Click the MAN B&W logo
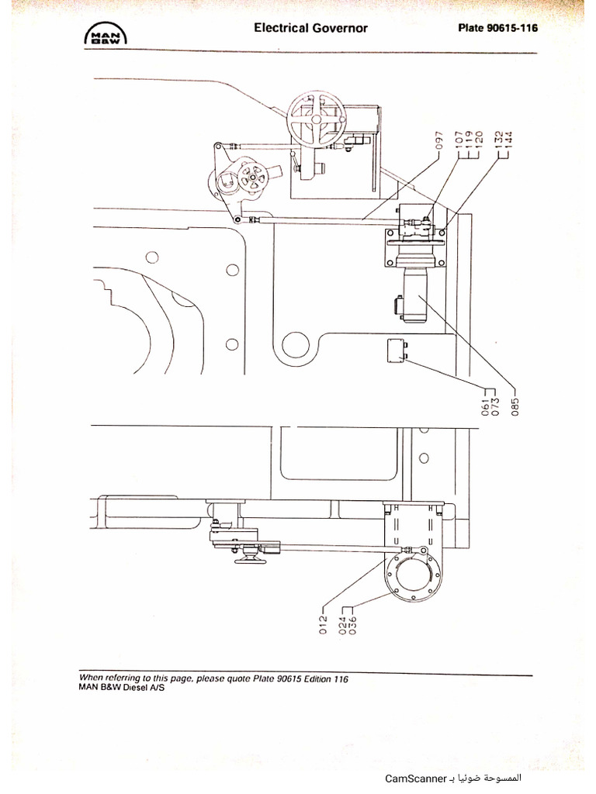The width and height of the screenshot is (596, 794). pos(106,34)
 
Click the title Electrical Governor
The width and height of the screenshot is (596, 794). pos(310,28)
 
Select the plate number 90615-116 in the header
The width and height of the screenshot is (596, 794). pos(512,28)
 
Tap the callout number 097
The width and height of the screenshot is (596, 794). pos(439,141)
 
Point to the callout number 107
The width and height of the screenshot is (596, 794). pos(459,140)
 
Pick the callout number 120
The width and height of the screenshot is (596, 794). pos(478,140)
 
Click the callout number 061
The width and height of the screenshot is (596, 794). pos(485,406)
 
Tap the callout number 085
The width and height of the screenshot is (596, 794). pos(515,406)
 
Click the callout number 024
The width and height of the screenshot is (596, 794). pos(343,624)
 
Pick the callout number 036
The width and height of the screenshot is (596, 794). pos(353,624)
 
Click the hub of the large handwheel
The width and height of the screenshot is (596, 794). pos(316,119)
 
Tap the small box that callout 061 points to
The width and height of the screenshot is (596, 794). pos(397,351)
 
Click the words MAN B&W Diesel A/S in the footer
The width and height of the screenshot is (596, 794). pos(122,688)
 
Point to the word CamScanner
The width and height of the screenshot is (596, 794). pos(415,778)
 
